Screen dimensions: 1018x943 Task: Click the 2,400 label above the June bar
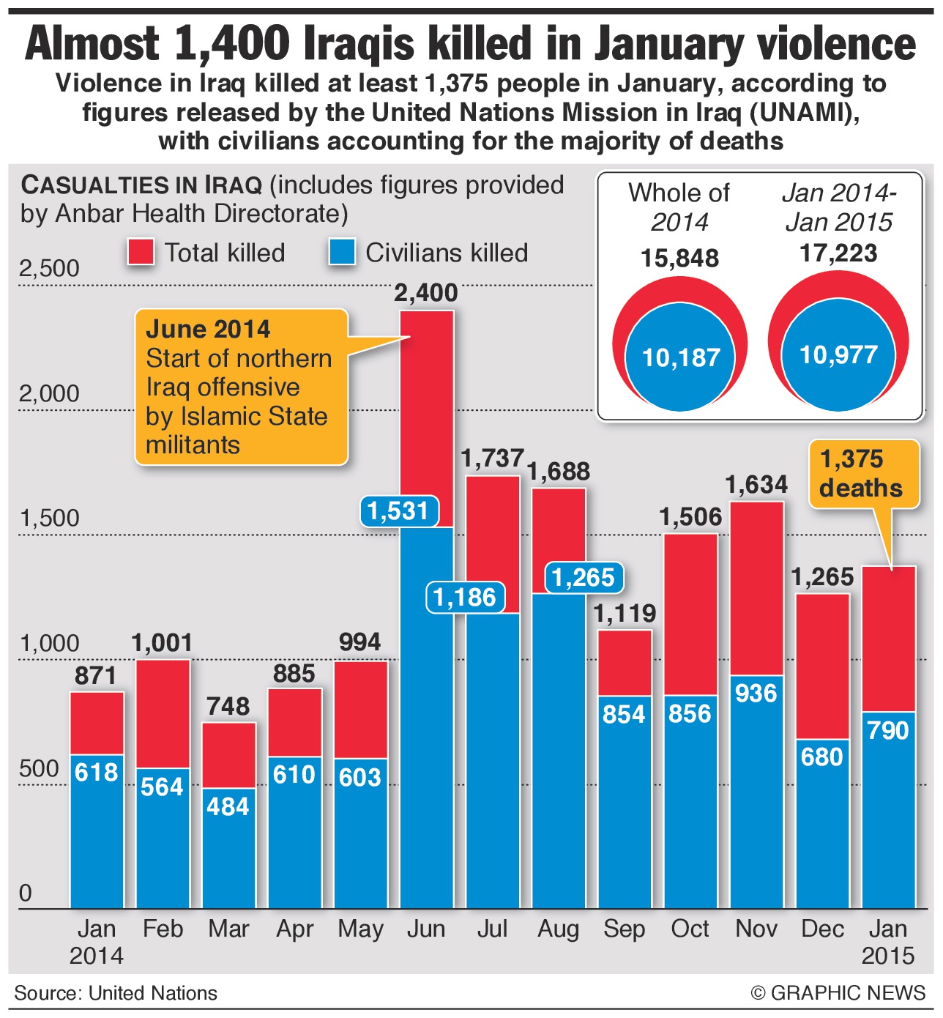[425, 294]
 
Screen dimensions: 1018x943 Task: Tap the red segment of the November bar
[756, 586]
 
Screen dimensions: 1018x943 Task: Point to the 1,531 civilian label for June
[398, 510]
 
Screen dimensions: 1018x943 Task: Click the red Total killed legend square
[141, 252]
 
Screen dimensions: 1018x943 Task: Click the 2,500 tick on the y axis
[49, 269]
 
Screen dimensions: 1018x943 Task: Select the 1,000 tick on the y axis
[49, 644]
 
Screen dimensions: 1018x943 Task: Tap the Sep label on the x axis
[624, 929]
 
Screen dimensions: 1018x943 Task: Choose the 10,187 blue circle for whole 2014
[681, 357]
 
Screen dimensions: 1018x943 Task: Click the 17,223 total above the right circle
[838, 253]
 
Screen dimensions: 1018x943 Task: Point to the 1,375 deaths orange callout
[862, 474]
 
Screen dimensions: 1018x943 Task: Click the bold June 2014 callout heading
[208, 329]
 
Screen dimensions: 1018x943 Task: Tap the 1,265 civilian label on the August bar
[583, 578]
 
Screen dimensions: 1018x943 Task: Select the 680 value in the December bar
[822, 757]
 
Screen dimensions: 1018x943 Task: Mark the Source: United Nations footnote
[116, 993]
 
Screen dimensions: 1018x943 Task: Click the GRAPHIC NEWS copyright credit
[838, 993]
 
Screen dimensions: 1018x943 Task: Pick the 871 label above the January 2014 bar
[96, 676]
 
